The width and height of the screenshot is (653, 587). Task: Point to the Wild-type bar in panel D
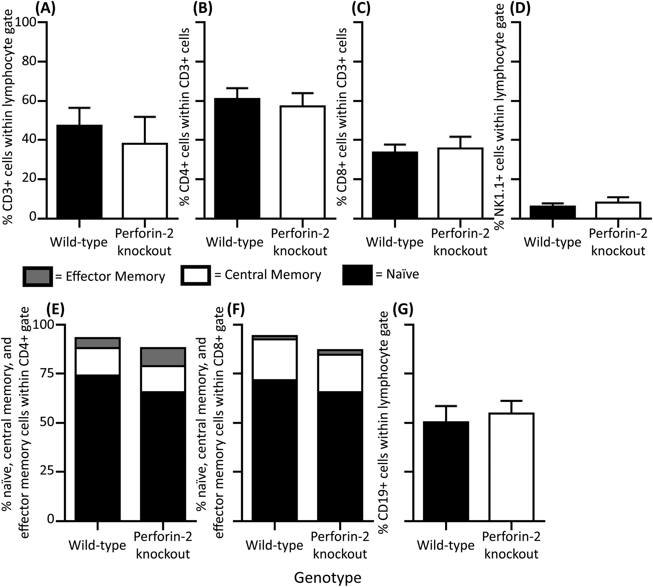552,212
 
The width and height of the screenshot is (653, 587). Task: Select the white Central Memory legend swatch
196,275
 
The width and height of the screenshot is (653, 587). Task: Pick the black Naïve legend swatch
357,275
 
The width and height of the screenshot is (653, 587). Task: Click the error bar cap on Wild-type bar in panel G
446,405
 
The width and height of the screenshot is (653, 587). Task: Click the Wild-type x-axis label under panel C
395,242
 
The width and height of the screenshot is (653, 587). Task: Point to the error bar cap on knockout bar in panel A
145,116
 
